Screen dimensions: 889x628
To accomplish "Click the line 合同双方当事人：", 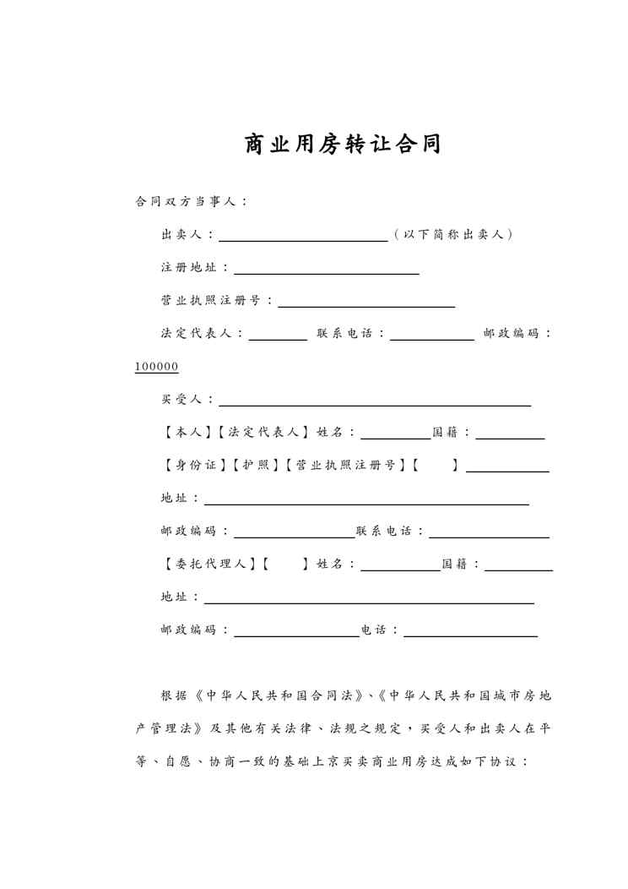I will [x=191, y=201].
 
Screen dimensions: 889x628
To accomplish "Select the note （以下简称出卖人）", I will [x=453, y=234].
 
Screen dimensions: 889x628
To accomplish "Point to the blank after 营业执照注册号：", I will [x=366, y=303].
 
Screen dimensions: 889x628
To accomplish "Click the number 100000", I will [x=156, y=367].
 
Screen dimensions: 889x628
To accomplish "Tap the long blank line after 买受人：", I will [x=375, y=403].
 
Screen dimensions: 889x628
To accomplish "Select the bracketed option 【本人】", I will [x=181, y=433].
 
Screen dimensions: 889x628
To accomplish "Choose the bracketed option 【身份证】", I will [x=196, y=466].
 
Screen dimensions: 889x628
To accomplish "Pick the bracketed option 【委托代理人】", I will [x=207, y=564].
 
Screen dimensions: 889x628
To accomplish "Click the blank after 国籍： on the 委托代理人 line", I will [x=518, y=568].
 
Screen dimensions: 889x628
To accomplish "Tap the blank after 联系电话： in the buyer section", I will [x=489, y=535].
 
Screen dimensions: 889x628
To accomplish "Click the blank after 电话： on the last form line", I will [x=471, y=634].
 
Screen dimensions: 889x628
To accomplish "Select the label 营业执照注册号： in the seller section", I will [x=216, y=301].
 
